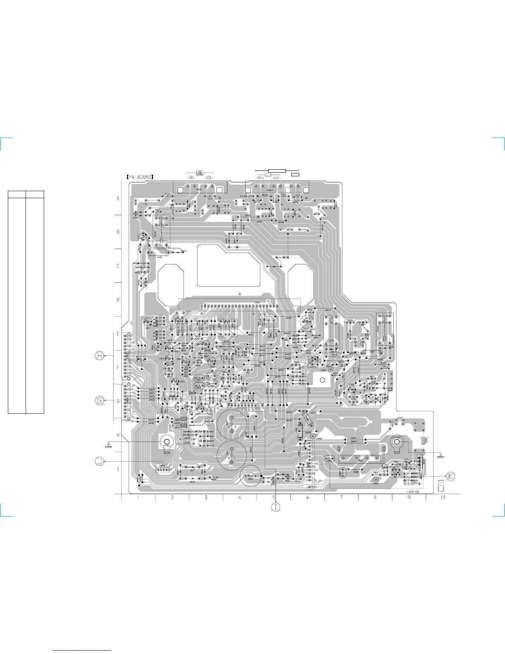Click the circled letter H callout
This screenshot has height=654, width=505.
point(99,355)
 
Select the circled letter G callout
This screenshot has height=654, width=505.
point(99,400)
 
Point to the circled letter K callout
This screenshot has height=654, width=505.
point(451,476)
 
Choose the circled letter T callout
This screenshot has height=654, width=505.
point(276,507)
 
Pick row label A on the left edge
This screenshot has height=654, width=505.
point(118,198)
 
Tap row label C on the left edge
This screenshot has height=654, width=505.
point(118,265)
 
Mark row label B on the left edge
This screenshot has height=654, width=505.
point(118,232)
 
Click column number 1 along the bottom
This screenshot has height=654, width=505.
point(139,498)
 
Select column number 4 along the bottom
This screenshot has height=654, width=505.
point(240,498)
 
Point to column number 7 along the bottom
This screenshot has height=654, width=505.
point(342,498)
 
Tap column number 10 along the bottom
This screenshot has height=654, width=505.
point(443,498)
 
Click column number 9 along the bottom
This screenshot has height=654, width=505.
point(409,498)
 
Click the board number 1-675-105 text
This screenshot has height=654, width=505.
point(415,492)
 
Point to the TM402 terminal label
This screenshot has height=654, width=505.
point(264,190)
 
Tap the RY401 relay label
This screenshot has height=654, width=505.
point(155,234)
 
